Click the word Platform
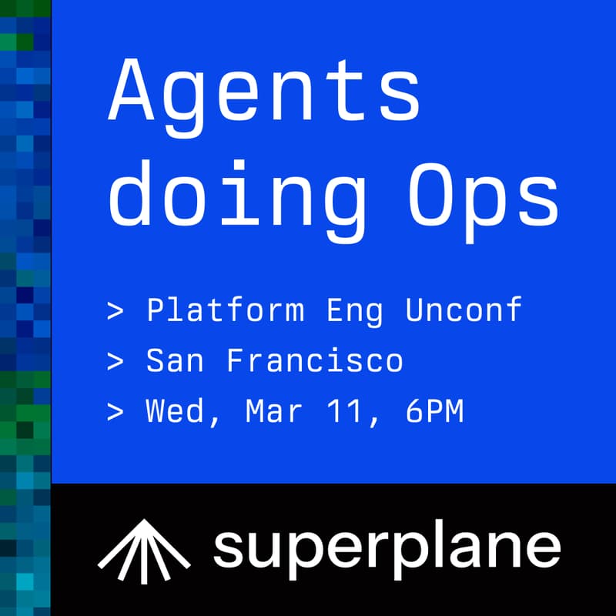point(225,311)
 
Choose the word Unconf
point(464,310)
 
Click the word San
point(175,361)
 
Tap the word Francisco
point(314,361)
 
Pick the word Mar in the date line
point(275,412)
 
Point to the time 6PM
point(434,412)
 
